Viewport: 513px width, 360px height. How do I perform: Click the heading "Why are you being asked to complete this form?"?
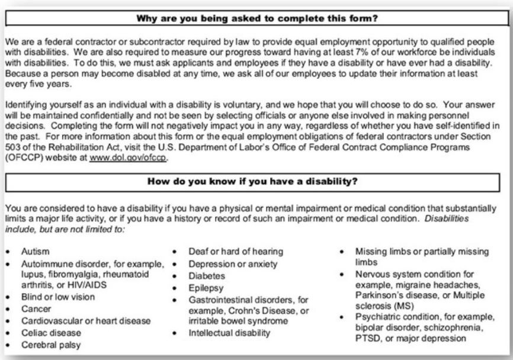(x=257, y=18)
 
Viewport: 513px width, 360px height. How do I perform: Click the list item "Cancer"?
(x=36, y=309)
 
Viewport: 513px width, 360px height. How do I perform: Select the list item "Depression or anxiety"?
(x=226, y=263)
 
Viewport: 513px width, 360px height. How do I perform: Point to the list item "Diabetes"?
(x=207, y=275)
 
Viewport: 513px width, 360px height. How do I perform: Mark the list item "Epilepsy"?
(x=207, y=287)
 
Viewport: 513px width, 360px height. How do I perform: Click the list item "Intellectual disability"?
(x=225, y=333)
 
